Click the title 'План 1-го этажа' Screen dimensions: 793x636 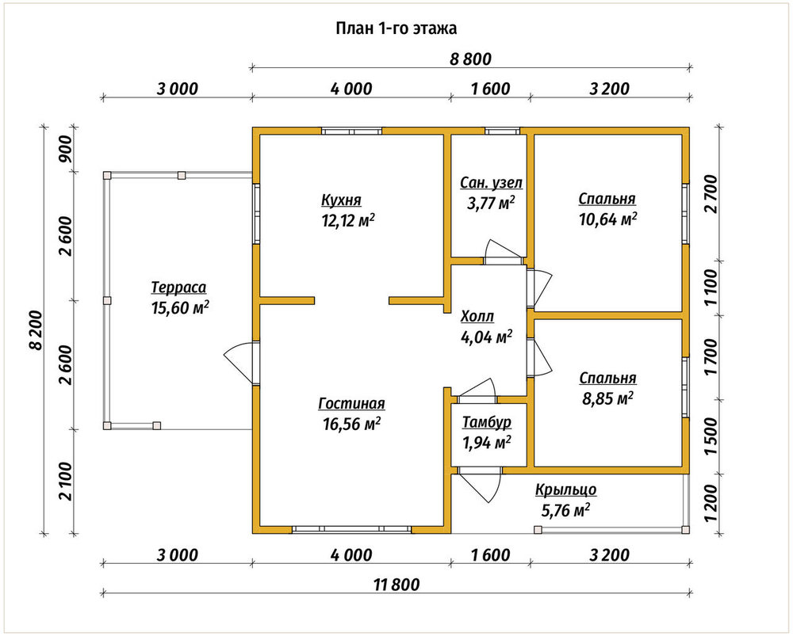pyautogui.click(x=396, y=29)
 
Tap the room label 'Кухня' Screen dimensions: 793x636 pyautogui.click(x=341, y=200)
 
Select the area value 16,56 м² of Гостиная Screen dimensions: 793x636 pyautogui.click(x=351, y=424)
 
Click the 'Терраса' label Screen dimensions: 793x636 pyautogui.click(x=179, y=288)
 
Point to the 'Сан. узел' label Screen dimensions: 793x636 pyautogui.click(x=491, y=182)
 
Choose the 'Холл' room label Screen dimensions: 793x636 pyautogui.click(x=477, y=317)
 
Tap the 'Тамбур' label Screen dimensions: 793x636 pyautogui.click(x=487, y=422)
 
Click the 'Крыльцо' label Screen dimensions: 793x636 pyautogui.click(x=566, y=490)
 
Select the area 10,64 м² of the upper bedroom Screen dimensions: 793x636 pyautogui.click(x=608, y=219)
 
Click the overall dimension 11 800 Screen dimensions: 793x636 pyautogui.click(x=397, y=585)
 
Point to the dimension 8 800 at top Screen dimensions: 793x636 pyautogui.click(x=470, y=59)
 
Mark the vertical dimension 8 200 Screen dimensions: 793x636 pyautogui.click(x=36, y=329)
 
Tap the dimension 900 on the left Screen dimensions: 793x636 pyautogui.click(x=66, y=149)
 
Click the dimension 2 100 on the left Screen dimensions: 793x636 pyautogui.click(x=66, y=482)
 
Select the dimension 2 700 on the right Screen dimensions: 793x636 pyautogui.click(x=711, y=194)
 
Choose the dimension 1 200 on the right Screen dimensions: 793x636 pyautogui.click(x=711, y=505)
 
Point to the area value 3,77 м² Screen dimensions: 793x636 pyautogui.click(x=491, y=203)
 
